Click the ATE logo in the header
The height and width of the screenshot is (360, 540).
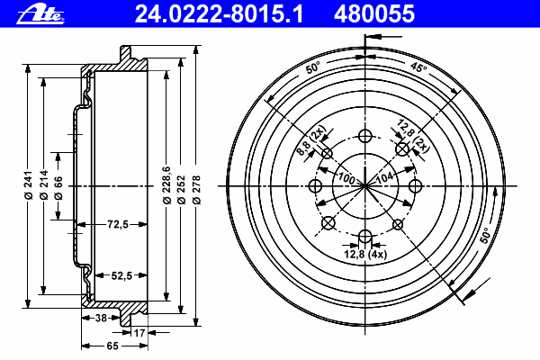(40, 14)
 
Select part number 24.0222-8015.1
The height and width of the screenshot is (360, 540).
(219, 14)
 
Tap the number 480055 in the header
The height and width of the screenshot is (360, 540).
(374, 14)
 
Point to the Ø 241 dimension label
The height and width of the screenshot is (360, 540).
(28, 185)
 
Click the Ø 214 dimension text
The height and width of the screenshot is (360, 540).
(43, 185)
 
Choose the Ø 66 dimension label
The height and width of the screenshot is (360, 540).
(58, 188)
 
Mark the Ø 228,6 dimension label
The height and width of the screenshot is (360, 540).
(166, 185)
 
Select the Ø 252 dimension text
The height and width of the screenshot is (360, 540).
(181, 190)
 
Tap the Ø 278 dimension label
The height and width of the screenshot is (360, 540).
(196, 190)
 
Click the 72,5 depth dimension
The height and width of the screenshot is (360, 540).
(118, 225)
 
